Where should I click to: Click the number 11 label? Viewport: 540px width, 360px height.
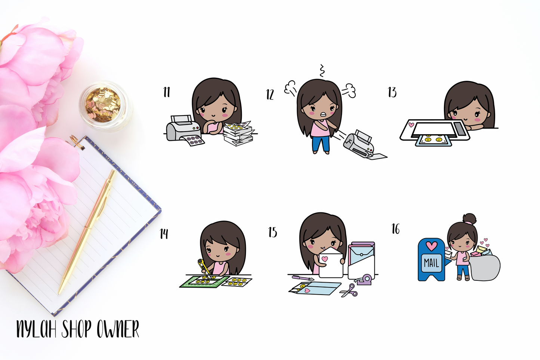[167, 92]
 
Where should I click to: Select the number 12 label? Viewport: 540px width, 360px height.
[270, 94]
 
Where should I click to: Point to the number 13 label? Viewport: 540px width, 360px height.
[392, 92]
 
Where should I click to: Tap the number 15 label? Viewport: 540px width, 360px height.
[273, 232]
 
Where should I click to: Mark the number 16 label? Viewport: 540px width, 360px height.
[396, 229]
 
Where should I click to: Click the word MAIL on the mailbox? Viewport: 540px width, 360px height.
[432, 263]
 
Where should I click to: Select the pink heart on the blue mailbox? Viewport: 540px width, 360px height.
[432, 246]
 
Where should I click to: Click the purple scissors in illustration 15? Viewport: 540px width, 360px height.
[349, 290]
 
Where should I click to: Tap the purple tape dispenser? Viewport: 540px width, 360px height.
[363, 280]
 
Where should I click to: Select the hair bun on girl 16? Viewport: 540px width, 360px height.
[469, 219]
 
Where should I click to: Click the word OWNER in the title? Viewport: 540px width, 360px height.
[118, 329]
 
